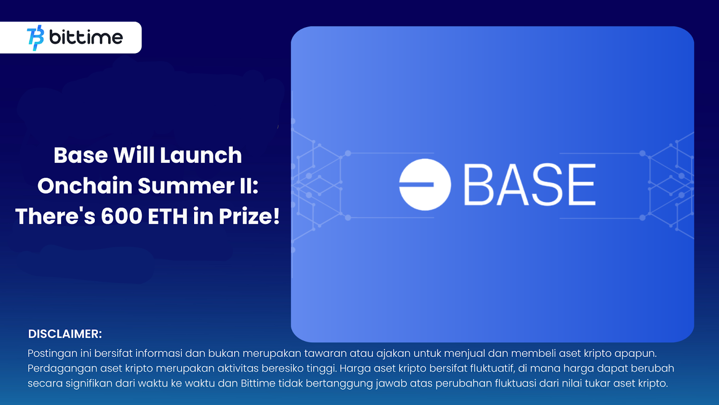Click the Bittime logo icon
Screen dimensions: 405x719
point(36,38)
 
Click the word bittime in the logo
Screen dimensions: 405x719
point(86,37)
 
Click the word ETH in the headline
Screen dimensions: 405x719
point(168,216)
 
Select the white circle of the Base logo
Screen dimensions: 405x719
point(425,198)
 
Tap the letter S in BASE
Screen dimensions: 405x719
point(546,184)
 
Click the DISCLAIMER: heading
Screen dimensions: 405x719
point(65,334)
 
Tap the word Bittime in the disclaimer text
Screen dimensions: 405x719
point(258,383)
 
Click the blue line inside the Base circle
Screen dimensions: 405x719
point(417,184)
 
